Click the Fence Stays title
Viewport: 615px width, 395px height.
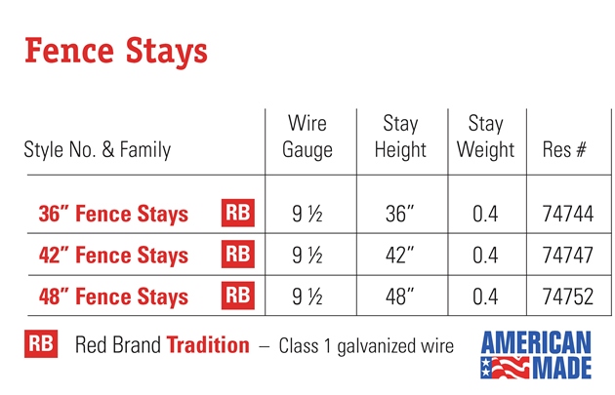[x=116, y=52]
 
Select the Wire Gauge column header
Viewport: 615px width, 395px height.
[x=307, y=137]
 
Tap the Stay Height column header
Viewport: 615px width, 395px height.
[x=400, y=137]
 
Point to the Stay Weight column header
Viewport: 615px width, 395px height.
[x=485, y=137]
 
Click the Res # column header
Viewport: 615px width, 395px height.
[x=564, y=149]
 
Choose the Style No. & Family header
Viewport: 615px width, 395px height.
[x=98, y=149]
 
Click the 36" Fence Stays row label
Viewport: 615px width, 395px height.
[x=114, y=214]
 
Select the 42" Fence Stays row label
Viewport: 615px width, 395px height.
[x=114, y=256]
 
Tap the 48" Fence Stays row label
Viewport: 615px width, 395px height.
[x=114, y=296]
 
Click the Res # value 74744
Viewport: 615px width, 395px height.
[x=567, y=214]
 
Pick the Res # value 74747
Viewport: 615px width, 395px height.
[x=567, y=256]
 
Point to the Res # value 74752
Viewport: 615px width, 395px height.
[x=567, y=296]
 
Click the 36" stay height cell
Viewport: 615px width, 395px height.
[x=399, y=214]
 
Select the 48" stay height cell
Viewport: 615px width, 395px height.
[x=399, y=296]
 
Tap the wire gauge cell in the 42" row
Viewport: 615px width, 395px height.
[x=307, y=256]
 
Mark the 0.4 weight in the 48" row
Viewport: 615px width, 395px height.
[x=485, y=296]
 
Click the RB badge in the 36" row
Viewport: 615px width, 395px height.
[x=238, y=213]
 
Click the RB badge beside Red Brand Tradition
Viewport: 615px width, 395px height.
[x=41, y=343]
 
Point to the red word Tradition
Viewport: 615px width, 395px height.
[x=208, y=345]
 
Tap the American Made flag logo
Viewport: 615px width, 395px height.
[x=536, y=355]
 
